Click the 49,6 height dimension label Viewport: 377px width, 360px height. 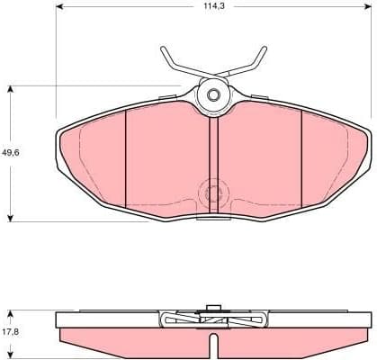click(12, 152)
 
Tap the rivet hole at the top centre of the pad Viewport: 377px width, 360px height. click(214, 94)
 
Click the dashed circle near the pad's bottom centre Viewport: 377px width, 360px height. click(213, 193)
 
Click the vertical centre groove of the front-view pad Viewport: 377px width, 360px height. click(213, 162)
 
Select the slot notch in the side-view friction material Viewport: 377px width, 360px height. click(213, 345)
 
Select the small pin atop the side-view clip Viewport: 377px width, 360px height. click(213, 309)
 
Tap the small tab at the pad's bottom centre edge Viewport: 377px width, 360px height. click(213, 217)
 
